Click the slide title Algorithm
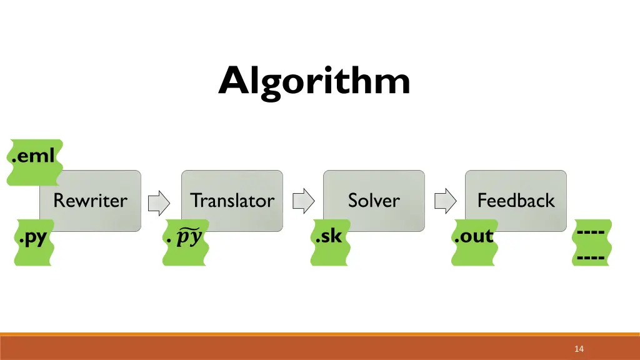click(x=314, y=81)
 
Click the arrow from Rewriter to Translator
click(x=159, y=201)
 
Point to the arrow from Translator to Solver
click(x=303, y=201)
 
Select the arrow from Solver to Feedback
click(x=445, y=201)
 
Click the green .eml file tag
click(x=34, y=162)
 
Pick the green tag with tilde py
click(x=186, y=242)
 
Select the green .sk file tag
click(x=330, y=242)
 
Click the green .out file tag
click(x=475, y=242)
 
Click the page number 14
click(x=579, y=349)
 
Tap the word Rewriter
click(x=90, y=201)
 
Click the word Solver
click(x=374, y=201)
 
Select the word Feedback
click(x=516, y=201)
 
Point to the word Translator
click(x=232, y=201)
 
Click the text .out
click(x=474, y=237)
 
